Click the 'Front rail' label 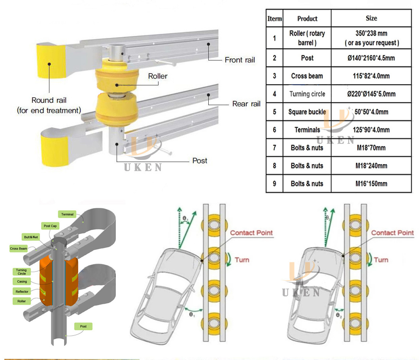pos(240,60)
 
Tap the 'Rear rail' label pos(246,104)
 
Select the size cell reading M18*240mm pos(371,166)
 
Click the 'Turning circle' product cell pos(307,94)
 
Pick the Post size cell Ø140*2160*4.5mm pos(371,58)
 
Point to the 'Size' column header pos(371,18)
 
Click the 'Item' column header pos(274,19)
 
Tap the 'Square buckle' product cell pos(307,112)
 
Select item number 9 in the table pos(274,184)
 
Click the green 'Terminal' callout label pos(68,215)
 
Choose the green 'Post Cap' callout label pos(50,226)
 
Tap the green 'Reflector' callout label pos(22,292)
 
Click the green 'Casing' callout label pos(22,282)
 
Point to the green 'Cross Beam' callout pos(19,249)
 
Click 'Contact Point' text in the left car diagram pos(251,233)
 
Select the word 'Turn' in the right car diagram pos(381,260)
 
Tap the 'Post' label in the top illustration pos(200,161)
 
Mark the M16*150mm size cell pos(371,184)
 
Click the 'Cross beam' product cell pos(307,76)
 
